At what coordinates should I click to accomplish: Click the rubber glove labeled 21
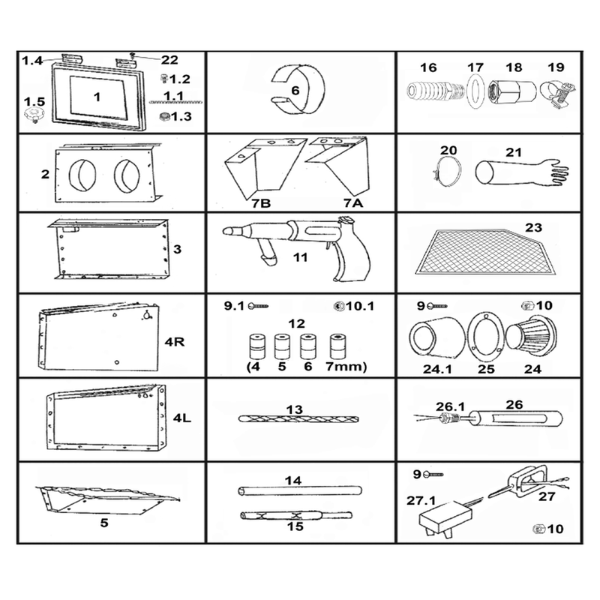(x=520, y=172)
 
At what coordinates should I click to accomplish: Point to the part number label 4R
(x=175, y=341)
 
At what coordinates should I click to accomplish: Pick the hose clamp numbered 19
(x=556, y=94)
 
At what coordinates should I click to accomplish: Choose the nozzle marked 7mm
(x=337, y=347)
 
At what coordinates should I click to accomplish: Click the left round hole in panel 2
(x=82, y=175)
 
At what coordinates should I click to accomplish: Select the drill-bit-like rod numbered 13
(x=298, y=419)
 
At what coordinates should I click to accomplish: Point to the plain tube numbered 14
(x=300, y=490)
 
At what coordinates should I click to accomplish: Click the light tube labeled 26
(x=516, y=419)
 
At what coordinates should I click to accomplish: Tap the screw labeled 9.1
(x=258, y=306)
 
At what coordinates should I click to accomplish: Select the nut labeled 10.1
(x=338, y=306)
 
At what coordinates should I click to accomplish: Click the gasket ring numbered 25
(x=485, y=335)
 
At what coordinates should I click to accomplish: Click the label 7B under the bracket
(x=261, y=203)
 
